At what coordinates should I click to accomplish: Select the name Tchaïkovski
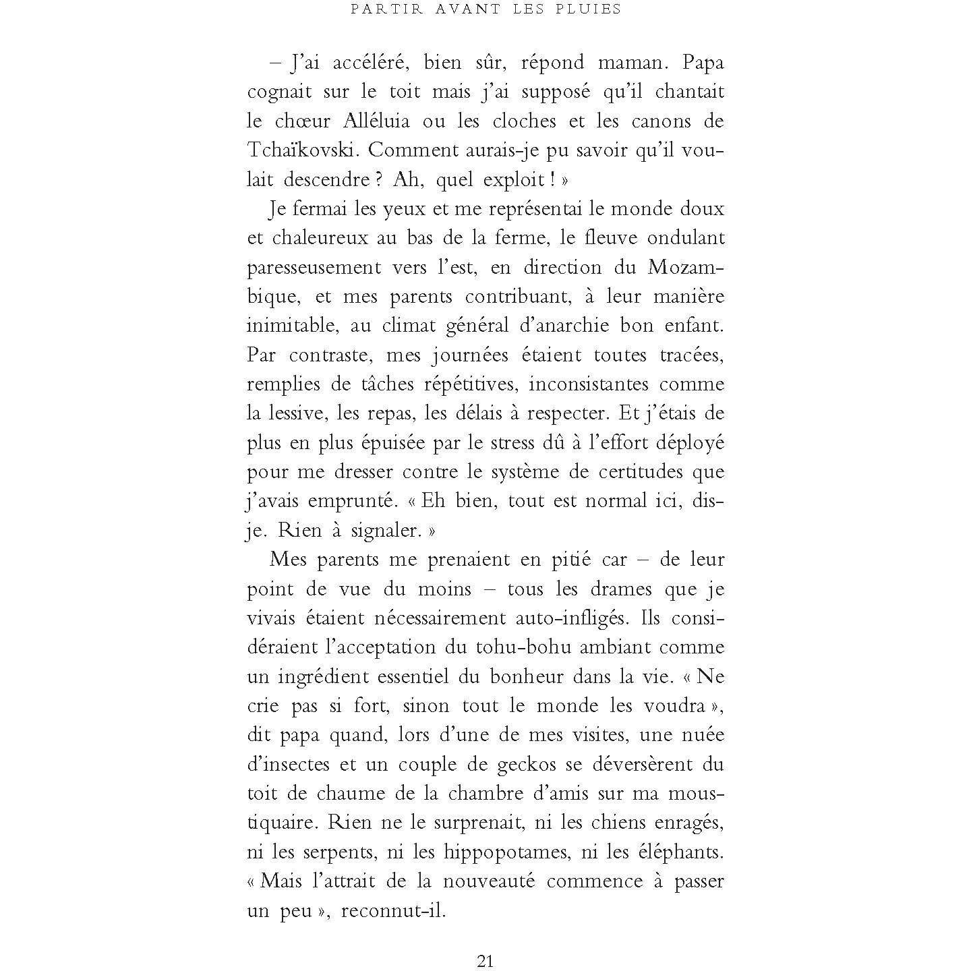click(x=302, y=150)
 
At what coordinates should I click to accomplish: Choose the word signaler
click(x=386, y=531)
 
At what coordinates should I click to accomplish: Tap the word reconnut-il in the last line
click(x=394, y=911)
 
